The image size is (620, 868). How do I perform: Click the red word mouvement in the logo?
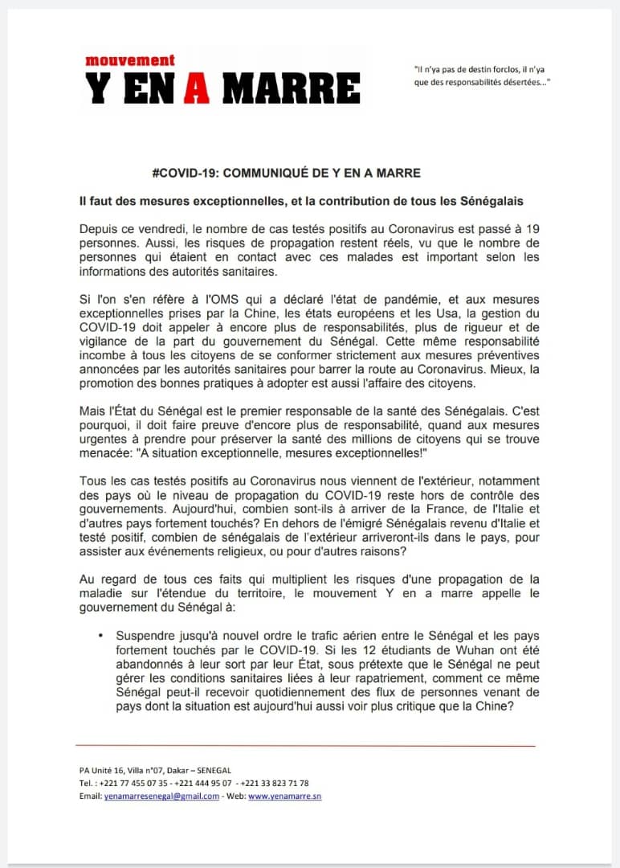click(x=130, y=60)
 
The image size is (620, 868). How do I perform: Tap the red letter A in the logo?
click(x=196, y=88)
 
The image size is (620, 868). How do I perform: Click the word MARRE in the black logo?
click(x=292, y=88)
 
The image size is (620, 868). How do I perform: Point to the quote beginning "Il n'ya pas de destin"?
click(x=480, y=76)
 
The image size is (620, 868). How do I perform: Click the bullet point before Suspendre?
click(x=100, y=635)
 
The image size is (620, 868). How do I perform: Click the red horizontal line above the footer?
click(x=305, y=746)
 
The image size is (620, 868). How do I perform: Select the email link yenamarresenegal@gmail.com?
click(x=161, y=796)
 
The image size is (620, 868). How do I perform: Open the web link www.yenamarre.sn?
click(x=285, y=796)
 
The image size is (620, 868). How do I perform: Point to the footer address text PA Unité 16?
click(x=109, y=770)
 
